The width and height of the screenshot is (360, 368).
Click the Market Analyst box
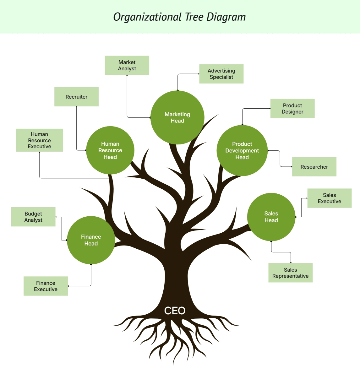pyautogui.click(x=127, y=65)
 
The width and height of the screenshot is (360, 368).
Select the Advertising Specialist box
pyautogui.click(x=221, y=74)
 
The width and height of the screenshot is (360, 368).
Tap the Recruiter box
pyautogui.click(x=76, y=97)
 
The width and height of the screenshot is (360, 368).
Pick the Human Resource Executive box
pyautogui.click(x=39, y=140)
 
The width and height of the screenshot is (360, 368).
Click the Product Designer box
pyautogui.click(x=292, y=108)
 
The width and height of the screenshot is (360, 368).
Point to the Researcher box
pyautogui.click(x=314, y=167)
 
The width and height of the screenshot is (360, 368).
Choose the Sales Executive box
pyautogui.click(x=329, y=198)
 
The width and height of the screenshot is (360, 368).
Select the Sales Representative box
pyautogui.click(x=290, y=273)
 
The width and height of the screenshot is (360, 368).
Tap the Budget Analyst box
pyautogui.click(x=33, y=217)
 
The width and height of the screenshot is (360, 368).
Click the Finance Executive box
pyautogui.click(x=46, y=286)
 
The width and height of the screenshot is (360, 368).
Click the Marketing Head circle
pyautogui.click(x=177, y=117)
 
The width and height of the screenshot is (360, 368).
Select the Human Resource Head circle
pyautogui.click(x=110, y=150)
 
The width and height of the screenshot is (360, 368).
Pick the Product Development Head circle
pyautogui.click(x=242, y=150)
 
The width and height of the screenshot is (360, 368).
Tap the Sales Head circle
pyautogui.click(x=271, y=217)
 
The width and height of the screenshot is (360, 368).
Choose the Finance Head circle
pyautogui.click(x=91, y=240)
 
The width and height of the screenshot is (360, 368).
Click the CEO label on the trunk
pyautogui.click(x=175, y=311)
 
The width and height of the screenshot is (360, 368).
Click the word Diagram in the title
pyautogui.click(x=226, y=17)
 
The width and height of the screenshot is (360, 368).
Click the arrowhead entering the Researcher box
pyautogui.click(x=291, y=167)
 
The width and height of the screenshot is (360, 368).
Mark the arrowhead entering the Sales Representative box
pyautogui.click(x=291, y=262)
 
